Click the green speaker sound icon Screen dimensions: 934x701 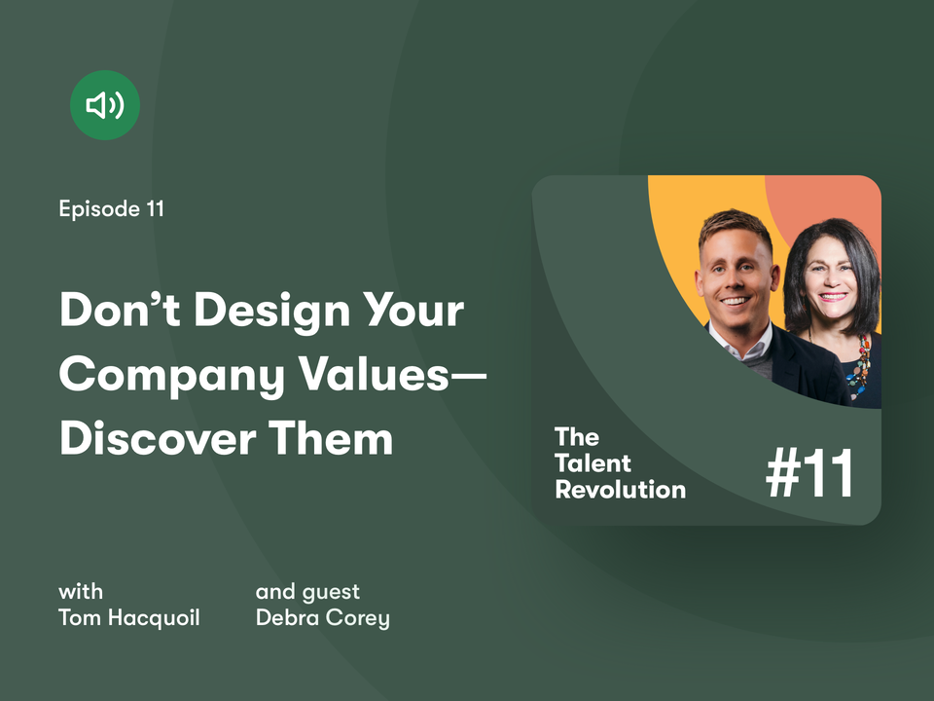(105, 105)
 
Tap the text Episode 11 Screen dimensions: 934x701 (111, 208)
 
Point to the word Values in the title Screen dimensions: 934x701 (374, 374)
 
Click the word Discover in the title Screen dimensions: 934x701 (158, 438)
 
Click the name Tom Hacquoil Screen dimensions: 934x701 (129, 617)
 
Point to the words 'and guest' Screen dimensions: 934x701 (307, 592)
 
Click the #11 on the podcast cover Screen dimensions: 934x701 (810, 474)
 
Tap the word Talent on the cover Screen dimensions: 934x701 (593, 463)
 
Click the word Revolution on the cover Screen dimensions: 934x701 (620, 490)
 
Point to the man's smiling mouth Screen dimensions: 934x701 (736, 301)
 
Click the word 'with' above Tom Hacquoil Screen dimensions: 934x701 (81, 591)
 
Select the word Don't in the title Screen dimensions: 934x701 (120, 310)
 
